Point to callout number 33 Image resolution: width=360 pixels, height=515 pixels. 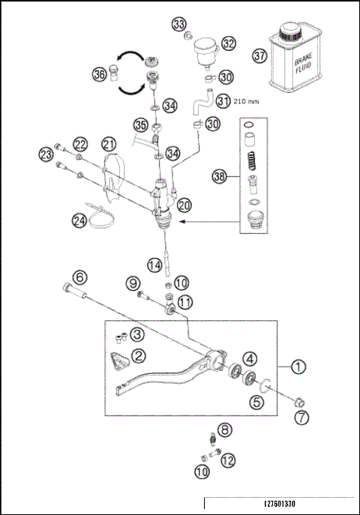[x=180, y=25]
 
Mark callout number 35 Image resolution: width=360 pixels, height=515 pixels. [x=140, y=124]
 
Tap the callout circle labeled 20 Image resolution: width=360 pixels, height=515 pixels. [x=184, y=203]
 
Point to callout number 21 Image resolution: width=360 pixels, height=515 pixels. [x=109, y=143]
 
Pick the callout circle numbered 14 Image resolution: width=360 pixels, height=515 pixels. [x=154, y=265]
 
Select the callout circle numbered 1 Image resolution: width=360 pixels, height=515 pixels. [x=298, y=367]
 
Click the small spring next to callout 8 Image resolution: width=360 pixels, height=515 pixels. [x=212, y=438]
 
